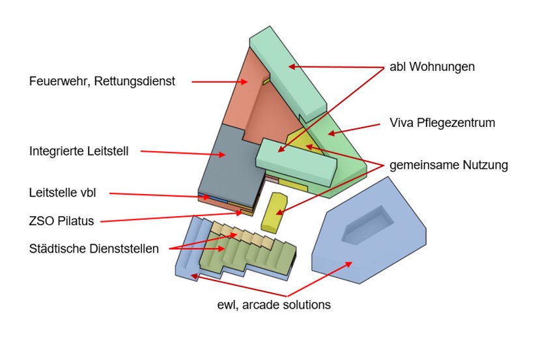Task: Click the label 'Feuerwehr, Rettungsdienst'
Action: tap(102, 81)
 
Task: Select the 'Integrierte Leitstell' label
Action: tap(79, 151)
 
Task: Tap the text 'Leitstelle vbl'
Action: tap(62, 193)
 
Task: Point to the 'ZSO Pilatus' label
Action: tap(61, 221)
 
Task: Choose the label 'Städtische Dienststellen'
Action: tap(94, 248)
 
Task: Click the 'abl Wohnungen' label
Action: tap(432, 66)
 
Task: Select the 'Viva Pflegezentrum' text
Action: tap(442, 122)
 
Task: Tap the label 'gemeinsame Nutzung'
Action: tap(448, 165)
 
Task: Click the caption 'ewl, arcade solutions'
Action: tap(274, 304)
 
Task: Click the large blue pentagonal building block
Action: tap(384, 254)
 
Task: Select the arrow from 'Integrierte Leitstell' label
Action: tap(182, 154)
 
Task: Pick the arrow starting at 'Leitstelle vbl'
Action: tap(156, 195)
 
